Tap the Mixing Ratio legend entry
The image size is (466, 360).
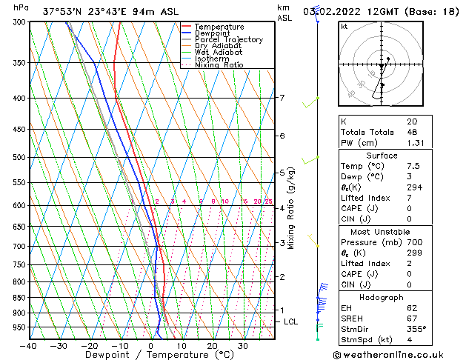click(219, 65)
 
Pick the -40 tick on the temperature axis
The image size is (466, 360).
click(29, 346)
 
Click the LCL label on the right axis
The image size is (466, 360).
click(291, 321)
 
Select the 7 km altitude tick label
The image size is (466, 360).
click(282, 98)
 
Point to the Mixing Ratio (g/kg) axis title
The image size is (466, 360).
click(292, 208)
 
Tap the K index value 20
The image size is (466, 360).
click(412, 121)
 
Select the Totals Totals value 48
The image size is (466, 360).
click(412, 132)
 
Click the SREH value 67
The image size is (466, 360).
click(412, 319)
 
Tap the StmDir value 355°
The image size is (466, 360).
click(415, 330)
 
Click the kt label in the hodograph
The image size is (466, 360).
click(344, 26)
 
